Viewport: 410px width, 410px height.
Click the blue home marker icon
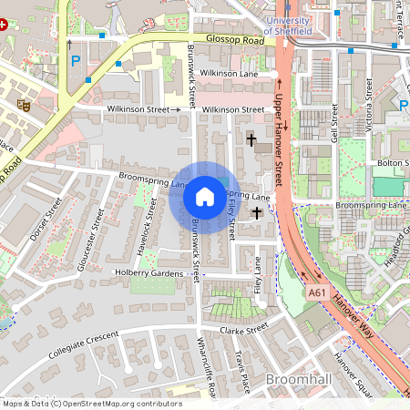[x=204, y=197]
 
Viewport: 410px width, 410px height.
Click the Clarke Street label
[x=245, y=327]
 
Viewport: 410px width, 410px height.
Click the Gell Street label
[x=335, y=123]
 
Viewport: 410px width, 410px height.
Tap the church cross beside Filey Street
[x=257, y=213]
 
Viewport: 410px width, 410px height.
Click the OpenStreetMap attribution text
[x=92, y=404]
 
